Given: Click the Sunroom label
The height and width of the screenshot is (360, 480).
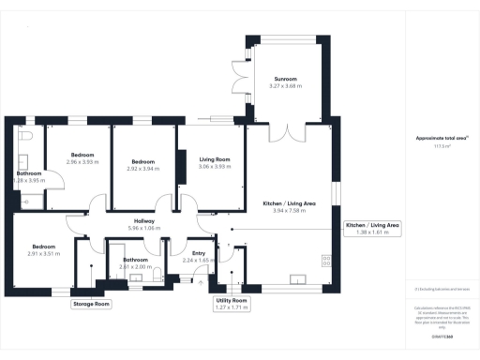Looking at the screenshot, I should click(x=285, y=78).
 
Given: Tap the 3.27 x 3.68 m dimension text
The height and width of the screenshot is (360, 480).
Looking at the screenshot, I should click(x=285, y=86).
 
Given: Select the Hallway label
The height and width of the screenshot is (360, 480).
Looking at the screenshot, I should click(x=144, y=220).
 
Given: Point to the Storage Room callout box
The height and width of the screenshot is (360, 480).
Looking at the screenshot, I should click(x=91, y=304).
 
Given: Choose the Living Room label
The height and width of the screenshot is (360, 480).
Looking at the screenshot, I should click(x=215, y=160).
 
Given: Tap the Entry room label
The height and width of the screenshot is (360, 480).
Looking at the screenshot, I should click(x=199, y=252).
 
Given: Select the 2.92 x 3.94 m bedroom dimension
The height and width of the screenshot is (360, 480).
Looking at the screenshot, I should click(x=143, y=169).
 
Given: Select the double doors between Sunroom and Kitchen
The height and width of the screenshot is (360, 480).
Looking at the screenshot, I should click(x=285, y=130).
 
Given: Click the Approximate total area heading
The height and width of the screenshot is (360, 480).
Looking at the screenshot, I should click(x=440, y=139).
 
